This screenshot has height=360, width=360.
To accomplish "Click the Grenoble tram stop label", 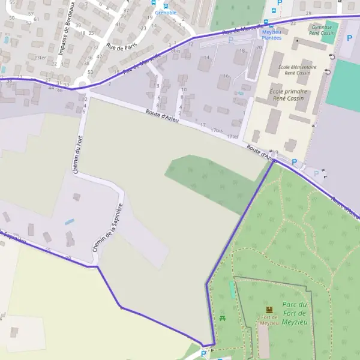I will point(166,12).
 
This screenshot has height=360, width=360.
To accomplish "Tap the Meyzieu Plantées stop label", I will point(271,35).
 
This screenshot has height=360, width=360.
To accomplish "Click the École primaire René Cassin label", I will point(290,94).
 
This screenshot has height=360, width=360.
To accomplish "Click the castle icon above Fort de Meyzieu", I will point(268,310).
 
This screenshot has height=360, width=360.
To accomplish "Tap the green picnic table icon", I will point(223,317).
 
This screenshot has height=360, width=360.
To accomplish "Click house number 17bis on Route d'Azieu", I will point(216,130).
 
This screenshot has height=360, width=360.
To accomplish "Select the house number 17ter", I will point(233,136).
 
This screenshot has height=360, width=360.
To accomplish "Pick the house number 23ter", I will point(40,58).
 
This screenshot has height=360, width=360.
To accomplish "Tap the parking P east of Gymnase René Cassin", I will point(350,38).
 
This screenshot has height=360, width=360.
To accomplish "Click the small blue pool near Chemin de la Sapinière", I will point(70,222).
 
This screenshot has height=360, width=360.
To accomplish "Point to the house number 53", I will point(89,72).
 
